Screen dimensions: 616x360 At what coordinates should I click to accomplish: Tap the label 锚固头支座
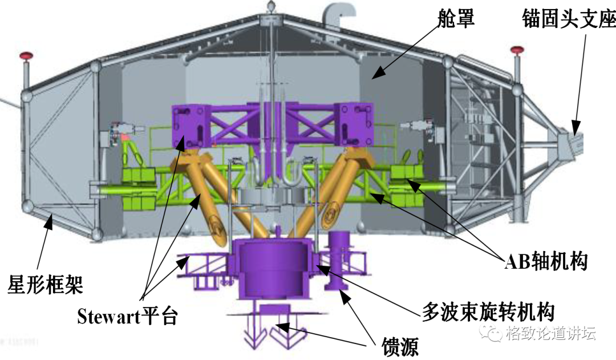(x=569, y=21)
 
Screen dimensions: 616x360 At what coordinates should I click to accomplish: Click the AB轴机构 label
(x=546, y=262)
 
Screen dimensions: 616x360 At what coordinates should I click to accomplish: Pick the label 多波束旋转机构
(x=488, y=311)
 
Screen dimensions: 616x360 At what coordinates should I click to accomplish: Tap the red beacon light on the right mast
(x=517, y=50)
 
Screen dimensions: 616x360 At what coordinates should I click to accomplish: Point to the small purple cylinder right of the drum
(x=339, y=260)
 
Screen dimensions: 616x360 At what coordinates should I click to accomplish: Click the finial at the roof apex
(x=272, y=8)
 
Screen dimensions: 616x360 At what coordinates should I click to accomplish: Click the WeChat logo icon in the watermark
(x=492, y=333)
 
